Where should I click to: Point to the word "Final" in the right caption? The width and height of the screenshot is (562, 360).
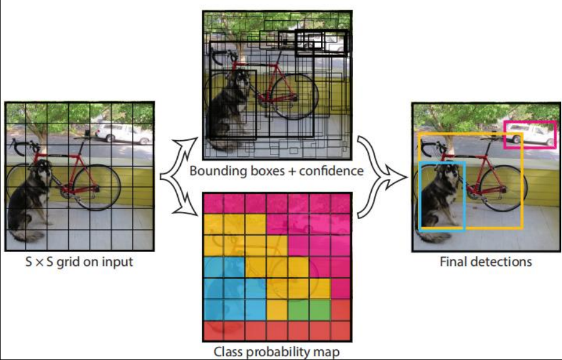453,262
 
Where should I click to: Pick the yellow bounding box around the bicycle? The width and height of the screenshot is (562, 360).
522,180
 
